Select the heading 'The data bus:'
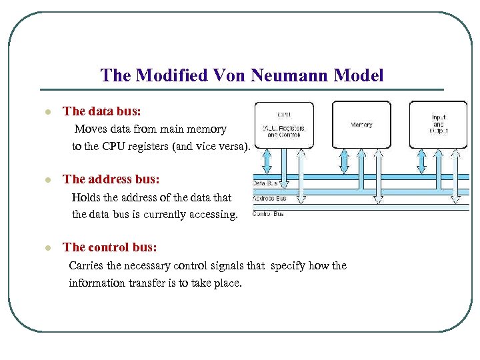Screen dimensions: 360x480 click(101, 111)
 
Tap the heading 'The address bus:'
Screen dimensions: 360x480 click(111, 179)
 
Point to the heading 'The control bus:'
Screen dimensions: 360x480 click(110, 247)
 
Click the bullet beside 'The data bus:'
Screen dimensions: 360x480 click(47, 112)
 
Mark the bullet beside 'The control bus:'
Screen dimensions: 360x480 click(47, 248)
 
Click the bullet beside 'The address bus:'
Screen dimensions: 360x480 click(47, 180)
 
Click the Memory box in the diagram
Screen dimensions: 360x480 click(361, 125)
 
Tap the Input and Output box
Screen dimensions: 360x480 click(438, 125)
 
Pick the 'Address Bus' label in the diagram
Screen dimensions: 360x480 click(270, 198)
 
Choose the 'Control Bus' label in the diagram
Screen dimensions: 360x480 click(269, 213)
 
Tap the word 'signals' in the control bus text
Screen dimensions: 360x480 click(227, 265)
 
